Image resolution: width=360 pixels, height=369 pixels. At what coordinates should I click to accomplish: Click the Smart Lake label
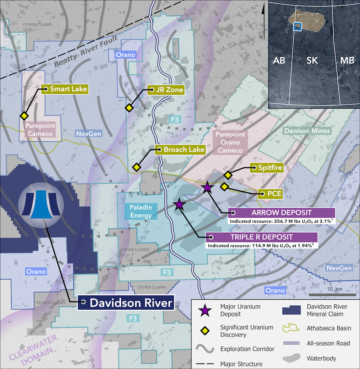68,89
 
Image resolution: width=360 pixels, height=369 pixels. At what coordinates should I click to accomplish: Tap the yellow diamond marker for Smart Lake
24,115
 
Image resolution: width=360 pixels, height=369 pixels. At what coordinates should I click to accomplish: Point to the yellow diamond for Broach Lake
136,167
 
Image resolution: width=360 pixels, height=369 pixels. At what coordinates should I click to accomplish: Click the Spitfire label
270,167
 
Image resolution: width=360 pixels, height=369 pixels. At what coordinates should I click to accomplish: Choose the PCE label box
272,194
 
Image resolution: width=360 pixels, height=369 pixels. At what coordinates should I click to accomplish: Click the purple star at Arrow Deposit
207,187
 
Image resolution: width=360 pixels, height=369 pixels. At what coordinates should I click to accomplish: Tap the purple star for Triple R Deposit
179,205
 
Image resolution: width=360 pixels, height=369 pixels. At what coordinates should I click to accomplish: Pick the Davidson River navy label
131,303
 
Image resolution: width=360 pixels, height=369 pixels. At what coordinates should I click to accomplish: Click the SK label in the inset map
312,60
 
